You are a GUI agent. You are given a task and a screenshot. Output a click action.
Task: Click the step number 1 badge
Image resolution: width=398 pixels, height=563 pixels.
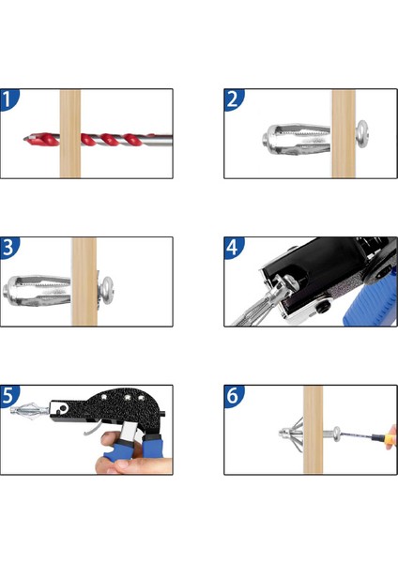pyautogui.click(x=8, y=99)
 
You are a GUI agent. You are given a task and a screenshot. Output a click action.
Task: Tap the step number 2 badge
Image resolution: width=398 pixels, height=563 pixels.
pyautogui.click(x=233, y=99)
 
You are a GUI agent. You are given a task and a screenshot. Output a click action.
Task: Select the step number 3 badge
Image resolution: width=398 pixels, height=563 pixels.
pyautogui.click(x=8, y=248)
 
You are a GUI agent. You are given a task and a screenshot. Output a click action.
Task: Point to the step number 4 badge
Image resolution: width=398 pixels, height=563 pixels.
pyautogui.click(x=233, y=248)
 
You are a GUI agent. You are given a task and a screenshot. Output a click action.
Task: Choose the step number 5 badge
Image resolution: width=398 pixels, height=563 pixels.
pyautogui.click(x=8, y=396)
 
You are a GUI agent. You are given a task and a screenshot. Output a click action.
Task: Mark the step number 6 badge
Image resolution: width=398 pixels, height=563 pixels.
pyautogui.click(x=233, y=396)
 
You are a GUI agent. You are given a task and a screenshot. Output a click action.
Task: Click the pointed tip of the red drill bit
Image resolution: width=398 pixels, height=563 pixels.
pyautogui.click(x=24, y=138)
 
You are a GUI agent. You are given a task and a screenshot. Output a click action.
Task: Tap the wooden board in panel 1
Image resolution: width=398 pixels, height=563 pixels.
pyautogui.click(x=70, y=133)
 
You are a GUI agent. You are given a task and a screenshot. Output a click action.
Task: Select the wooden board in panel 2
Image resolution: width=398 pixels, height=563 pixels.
pyautogui.click(x=344, y=133)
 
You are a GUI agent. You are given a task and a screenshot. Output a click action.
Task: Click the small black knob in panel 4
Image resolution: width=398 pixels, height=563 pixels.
pyautogui.click(x=323, y=306)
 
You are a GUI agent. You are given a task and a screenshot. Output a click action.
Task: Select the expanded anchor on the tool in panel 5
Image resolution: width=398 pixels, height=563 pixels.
pyautogui.click(x=29, y=409)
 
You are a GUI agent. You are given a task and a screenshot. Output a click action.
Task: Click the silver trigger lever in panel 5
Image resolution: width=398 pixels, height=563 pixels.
pyautogui.click(x=93, y=429)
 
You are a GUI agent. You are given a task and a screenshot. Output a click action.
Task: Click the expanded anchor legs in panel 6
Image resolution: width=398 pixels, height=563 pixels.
pyautogui.click(x=292, y=432)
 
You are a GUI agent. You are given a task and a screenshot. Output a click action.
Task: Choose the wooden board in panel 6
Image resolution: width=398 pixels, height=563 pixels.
pyautogui.click(x=313, y=430)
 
